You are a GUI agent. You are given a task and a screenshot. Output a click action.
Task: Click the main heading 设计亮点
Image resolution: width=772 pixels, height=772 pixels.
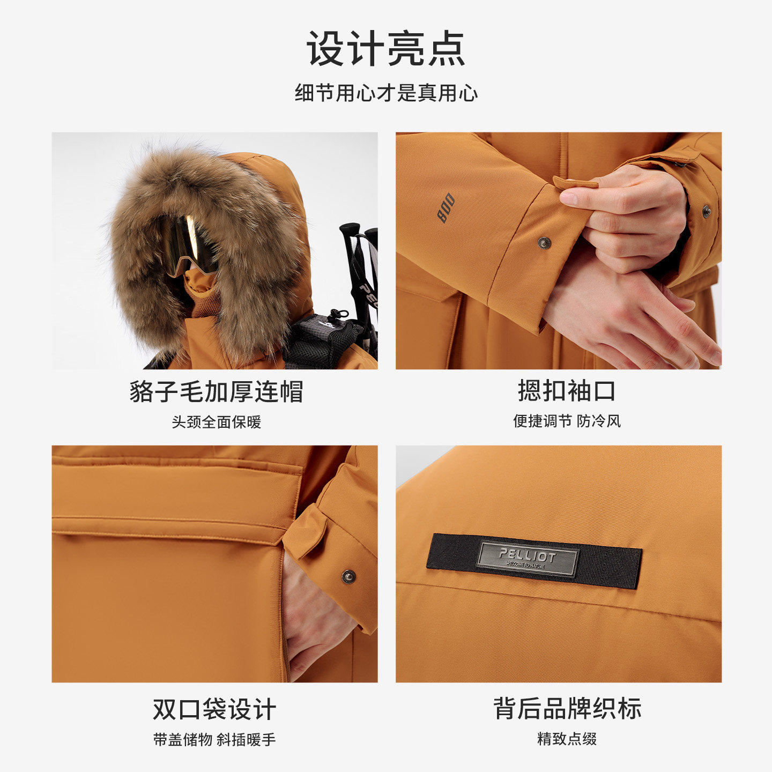(386, 48)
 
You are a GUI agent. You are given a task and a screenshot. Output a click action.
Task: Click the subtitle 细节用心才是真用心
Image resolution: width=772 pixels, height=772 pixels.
(386, 93)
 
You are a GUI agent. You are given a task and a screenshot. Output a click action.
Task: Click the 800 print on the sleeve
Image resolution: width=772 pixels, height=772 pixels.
(446, 207)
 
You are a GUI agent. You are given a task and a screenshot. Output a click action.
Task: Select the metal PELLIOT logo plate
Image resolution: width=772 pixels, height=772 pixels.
(527, 559)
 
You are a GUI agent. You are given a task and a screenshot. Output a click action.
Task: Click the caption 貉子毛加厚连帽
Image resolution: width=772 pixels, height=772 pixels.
(217, 391)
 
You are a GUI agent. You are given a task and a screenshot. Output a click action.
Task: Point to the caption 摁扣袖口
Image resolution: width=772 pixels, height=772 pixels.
(567, 391)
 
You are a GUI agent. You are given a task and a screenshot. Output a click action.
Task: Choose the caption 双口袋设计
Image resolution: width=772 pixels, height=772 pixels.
(214, 709)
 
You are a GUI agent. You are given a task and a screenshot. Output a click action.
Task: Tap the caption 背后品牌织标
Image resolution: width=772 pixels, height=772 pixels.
(567, 709)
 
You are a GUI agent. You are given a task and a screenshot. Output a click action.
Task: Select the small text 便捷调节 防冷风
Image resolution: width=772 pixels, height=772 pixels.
(567, 421)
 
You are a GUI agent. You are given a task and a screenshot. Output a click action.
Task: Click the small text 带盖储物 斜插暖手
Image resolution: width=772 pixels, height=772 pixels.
(214, 739)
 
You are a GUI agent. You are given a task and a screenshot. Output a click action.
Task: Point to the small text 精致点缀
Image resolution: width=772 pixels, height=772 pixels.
(567, 739)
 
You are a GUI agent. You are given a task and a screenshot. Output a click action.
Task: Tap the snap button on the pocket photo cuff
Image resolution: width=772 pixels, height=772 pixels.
(348, 576)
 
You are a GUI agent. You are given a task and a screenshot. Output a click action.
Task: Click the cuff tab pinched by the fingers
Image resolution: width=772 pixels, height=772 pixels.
(575, 182)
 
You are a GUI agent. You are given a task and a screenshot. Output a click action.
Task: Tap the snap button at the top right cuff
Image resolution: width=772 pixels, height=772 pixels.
(707, 211)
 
